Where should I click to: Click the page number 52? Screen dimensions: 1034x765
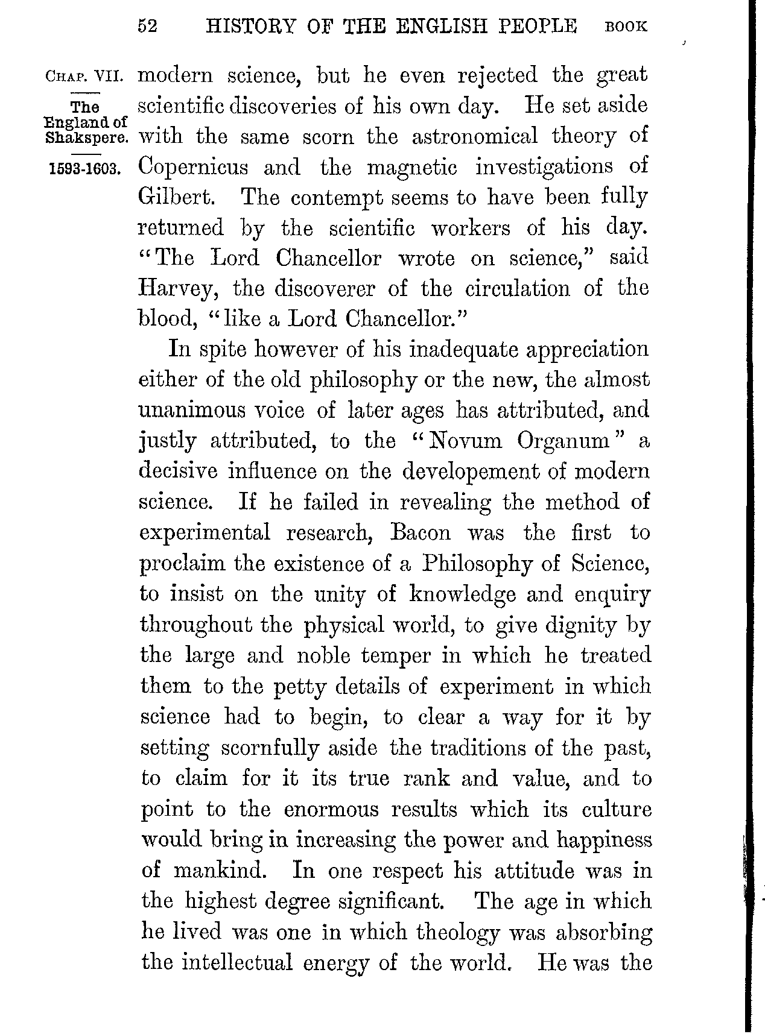pyautogui.click(x=148, y=27)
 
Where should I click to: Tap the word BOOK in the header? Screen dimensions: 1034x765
pyautogui.click(x=626, y=27)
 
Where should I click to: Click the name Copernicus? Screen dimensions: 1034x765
pyautogui.click(x=193, y=167)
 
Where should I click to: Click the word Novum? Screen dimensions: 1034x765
pyautogui.click(x=463, y=441)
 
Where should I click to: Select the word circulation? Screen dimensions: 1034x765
pyautogui.click(x=517, y=289)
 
